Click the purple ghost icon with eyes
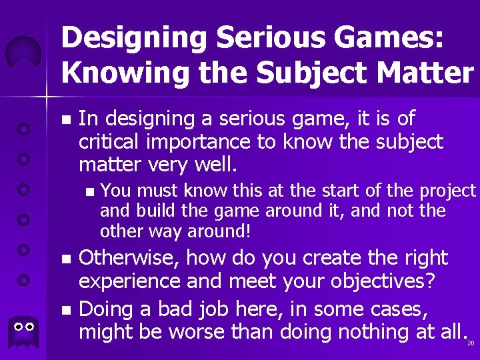pos(23,333)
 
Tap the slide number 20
pos(470,343)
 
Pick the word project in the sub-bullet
pos(447,191)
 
